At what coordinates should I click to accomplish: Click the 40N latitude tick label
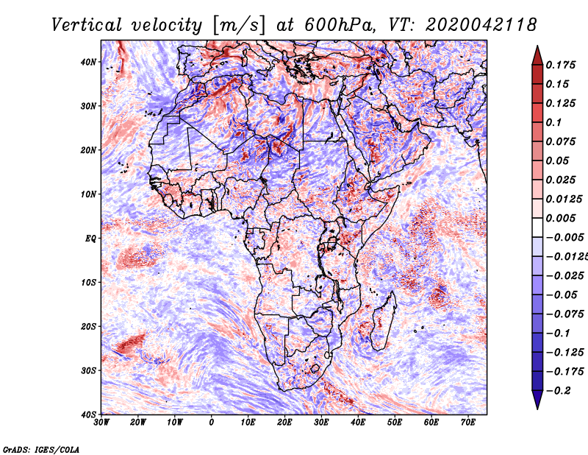tap(88, 62)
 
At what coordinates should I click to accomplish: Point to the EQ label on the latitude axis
tap(90, 239)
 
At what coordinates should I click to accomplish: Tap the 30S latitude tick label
tap(88, 371)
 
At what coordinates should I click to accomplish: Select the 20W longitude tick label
tap(137, 422)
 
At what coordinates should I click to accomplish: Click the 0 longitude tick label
tap(212, 422)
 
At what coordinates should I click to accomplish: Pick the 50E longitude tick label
tap(395, 422)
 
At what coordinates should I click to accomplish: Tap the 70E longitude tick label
tap(468, 422)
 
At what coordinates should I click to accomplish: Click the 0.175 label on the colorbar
tap(560, 65)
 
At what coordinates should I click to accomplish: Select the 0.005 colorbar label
tap(560, 218)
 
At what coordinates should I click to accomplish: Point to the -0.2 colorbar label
tap(558, 390)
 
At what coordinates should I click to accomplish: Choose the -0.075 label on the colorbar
tap(564, 314)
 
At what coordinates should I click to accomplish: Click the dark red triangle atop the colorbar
tap(537, 56)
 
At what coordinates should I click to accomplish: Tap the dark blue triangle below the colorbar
tap(537, 400)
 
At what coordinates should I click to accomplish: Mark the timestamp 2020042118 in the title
tap(481, 25)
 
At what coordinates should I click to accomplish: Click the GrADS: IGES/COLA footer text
tap(41, 449)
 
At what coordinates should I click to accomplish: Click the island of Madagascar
tap(383, 322)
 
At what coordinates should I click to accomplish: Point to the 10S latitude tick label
tap(88, 283)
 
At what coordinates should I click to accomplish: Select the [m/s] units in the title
tap(239, 25)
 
